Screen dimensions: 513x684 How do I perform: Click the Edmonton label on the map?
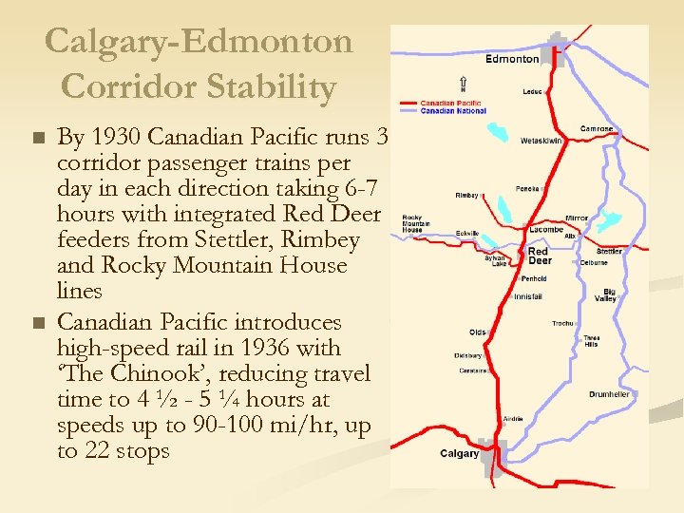(512, 59)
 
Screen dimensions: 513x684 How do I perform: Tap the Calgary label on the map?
(459, 453)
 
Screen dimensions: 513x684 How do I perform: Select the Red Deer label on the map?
(540, 256)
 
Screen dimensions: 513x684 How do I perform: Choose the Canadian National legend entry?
(452, 111)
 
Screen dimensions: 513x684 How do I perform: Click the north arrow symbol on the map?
(462, 84)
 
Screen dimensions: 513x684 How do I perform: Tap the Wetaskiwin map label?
(541, 141)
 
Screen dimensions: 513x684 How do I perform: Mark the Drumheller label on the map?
(609, 394)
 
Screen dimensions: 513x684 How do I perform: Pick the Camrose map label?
(598, 128)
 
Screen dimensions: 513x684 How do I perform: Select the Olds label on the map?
(478, 332)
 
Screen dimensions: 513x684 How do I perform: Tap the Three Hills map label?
(591, 342)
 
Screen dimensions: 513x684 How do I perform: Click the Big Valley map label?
(605, 295)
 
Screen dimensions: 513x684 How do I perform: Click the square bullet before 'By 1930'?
(38, 139)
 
